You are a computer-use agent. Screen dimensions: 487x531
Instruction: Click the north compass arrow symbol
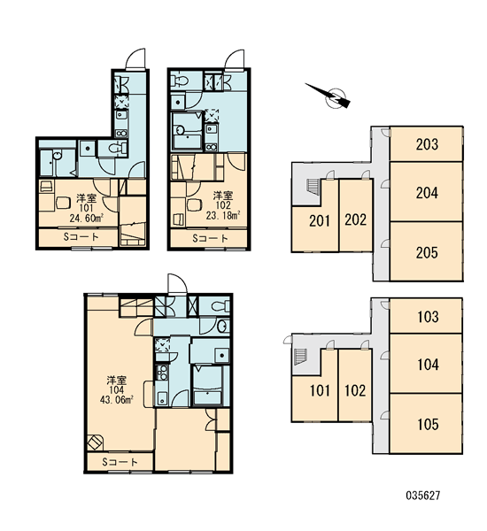(329, 96)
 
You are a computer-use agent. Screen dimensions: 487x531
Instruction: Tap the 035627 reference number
(422, 496)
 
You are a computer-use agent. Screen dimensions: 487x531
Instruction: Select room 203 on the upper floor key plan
(427, 144)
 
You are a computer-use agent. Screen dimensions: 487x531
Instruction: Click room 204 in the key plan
(427, 192)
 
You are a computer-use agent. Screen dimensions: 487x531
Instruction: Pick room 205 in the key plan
(427, 251)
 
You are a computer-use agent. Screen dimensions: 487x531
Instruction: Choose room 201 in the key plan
(320, 220)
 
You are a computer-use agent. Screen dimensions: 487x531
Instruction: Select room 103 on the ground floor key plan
(427, 316)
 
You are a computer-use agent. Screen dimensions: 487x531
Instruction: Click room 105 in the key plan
(427, 424)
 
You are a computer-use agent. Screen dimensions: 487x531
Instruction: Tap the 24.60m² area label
(87, 218)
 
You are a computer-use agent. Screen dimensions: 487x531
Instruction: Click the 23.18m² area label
(223, 215)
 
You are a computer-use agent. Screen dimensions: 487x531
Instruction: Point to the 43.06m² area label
(116, 400)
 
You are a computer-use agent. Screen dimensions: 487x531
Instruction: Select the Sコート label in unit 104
(120, 462)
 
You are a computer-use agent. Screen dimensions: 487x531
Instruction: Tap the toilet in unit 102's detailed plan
(180, 81)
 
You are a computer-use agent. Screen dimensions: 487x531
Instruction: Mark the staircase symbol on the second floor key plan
(313, 186)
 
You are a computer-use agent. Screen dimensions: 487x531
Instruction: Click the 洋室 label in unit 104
(117, 381)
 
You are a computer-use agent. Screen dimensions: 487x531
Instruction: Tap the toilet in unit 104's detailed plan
(220, 306)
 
